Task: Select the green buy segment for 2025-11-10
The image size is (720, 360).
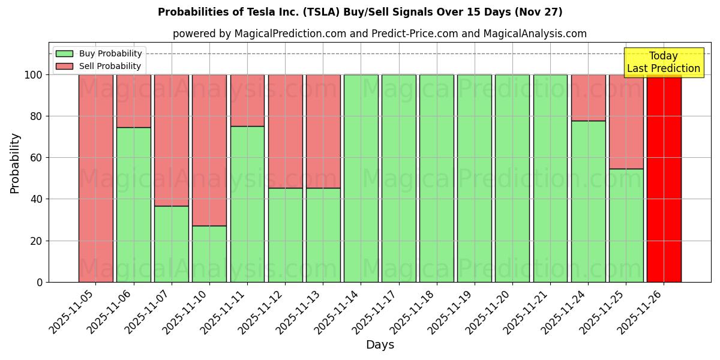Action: tap(209, 254)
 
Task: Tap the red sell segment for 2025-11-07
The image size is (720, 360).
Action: tap(172, 140)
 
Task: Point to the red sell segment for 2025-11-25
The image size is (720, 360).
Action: tap(626, 121)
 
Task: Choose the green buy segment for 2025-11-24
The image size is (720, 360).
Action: tap(588, 201)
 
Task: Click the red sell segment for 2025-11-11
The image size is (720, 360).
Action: tap(247, 100)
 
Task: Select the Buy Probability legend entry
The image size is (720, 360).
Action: tap(99, 53)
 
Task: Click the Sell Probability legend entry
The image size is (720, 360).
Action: tap(99, 66)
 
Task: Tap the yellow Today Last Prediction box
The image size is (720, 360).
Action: tap(663, 62)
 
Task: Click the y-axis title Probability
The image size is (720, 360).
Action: tap(15, 163)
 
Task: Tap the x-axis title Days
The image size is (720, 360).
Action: tap(380, 345)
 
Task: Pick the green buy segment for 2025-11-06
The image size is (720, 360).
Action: tap(134, 205)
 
